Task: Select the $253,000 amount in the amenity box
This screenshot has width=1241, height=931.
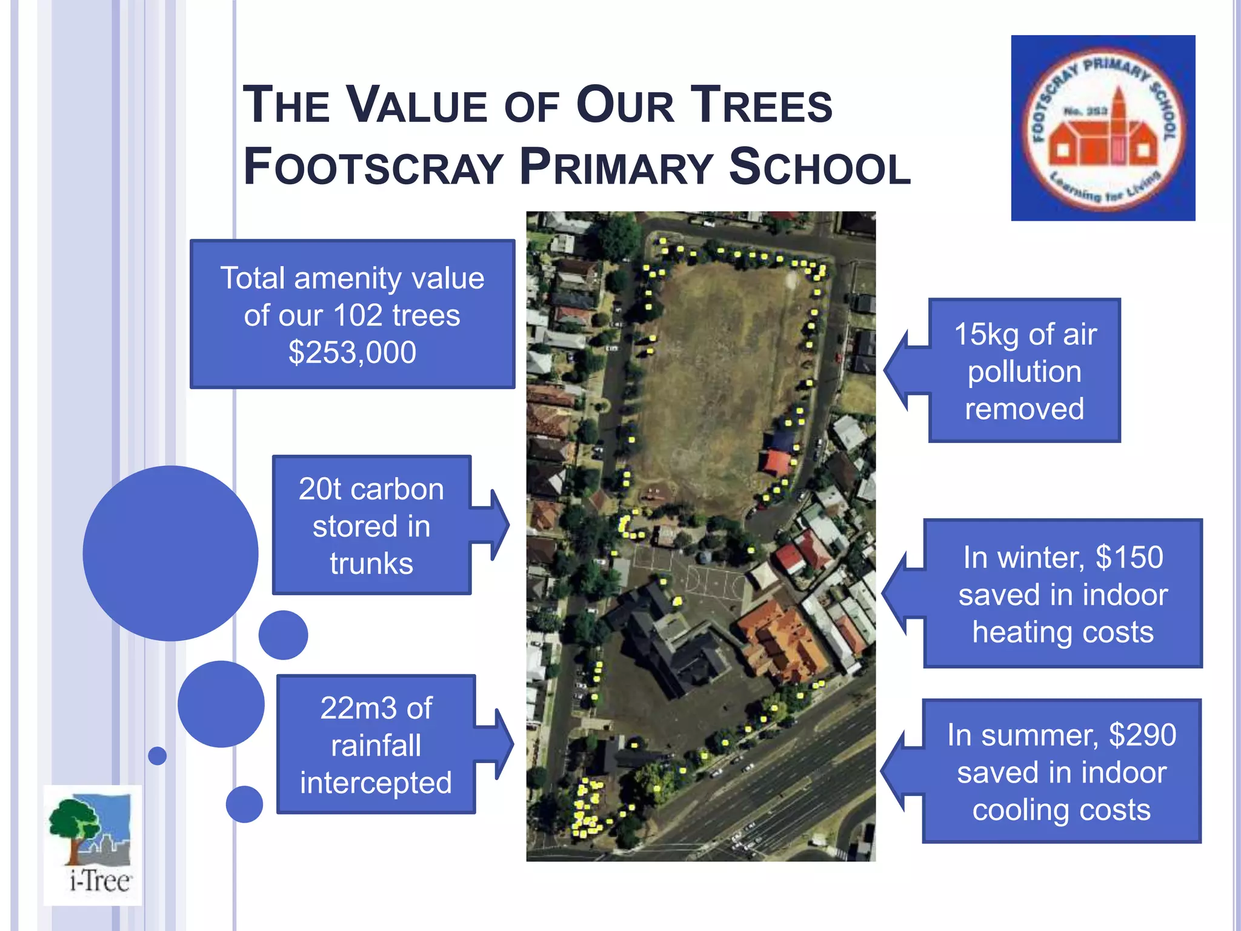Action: pos(352,353)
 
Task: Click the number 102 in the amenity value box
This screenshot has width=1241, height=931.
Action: pos(358,316)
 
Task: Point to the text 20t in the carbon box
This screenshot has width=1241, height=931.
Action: pos(321,489)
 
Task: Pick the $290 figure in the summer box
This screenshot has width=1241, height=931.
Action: pos(1142,735)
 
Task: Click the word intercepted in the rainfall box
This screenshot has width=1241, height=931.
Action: pos(376,783)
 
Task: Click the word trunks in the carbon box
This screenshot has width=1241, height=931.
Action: pos(371,564)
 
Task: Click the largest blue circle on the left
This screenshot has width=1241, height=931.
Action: pos(171,553)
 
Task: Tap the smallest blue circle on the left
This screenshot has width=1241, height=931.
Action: pos(158,756)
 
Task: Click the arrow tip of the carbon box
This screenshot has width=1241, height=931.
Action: pos(508,525)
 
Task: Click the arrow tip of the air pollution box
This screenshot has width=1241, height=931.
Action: pos(886,370)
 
